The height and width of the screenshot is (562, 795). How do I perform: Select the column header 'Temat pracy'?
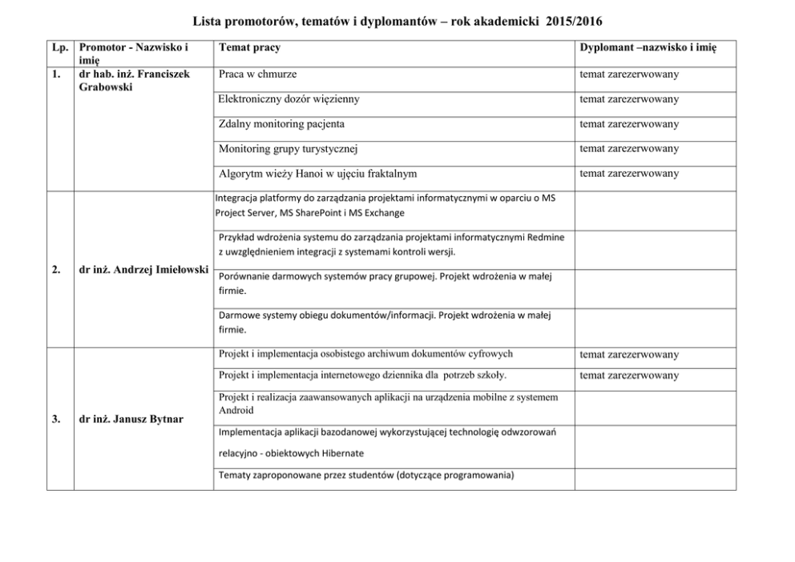point(249,48)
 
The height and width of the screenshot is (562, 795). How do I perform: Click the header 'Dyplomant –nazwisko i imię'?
point(647,48)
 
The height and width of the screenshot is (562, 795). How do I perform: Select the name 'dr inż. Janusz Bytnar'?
point(131,419)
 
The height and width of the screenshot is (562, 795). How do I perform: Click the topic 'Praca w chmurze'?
point(257,74)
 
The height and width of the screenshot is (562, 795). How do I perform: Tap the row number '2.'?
point(56,270)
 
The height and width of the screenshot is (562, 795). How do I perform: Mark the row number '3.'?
point(56,419)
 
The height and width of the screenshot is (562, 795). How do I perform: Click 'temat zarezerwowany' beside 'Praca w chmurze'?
point(628,74)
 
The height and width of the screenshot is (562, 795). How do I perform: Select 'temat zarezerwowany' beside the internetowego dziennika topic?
point(628,375)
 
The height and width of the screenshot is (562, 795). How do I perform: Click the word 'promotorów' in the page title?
point(256,19)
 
